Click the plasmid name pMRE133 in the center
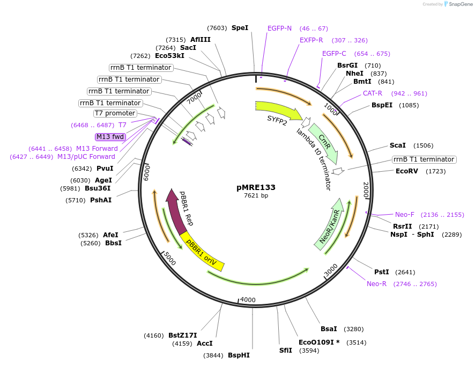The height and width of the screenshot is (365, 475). tap(256, 187)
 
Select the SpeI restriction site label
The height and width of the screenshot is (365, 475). tap(240, 27)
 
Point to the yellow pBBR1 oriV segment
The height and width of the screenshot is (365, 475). tap(202, 252)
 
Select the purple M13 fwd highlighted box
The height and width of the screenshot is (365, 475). tap(110, 137)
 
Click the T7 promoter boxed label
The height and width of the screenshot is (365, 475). tap(115, 113)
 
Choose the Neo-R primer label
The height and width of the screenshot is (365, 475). tap(376, 284)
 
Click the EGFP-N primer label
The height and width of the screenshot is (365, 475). tap(279, 28)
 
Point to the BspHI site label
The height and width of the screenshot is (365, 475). tap(239, 355)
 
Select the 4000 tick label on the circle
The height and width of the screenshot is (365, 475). tap(248, 300)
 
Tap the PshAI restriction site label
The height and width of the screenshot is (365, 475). tap(101, 200)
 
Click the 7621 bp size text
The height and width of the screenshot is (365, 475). tap(256, 196)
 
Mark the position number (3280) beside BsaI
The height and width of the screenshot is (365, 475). tap(354, 329)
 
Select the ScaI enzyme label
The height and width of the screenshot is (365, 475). tap(398, 145)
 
